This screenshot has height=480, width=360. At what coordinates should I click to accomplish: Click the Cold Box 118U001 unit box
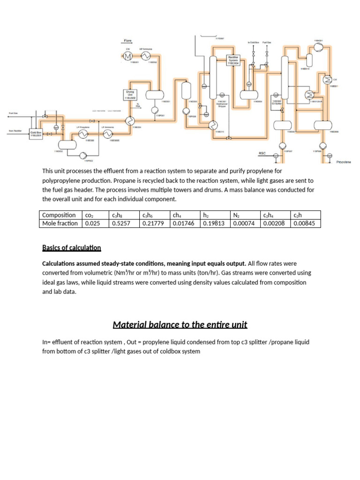[x=36, y=133]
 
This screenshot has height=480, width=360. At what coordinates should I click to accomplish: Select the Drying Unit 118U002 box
[x=129, y=94]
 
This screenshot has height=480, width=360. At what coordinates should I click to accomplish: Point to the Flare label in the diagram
[x=127, y=41]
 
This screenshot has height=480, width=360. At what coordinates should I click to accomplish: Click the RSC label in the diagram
[x=262, y=153]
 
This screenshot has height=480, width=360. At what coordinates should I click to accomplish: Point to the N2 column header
[x=236, y=215]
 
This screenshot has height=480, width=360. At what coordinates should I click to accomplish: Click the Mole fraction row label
[x=60, y=224]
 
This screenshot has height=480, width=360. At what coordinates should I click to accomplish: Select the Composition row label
[x=59, y=215]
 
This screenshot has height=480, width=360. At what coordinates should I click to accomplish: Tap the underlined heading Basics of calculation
[x=71, y=247]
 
